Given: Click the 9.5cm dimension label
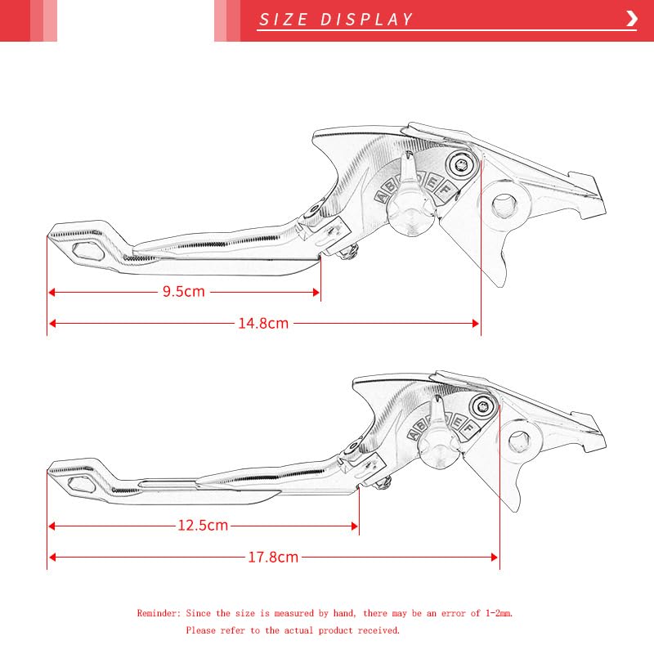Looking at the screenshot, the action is click(x=183, y=292).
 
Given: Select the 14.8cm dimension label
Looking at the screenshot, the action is click(x=263, y=323).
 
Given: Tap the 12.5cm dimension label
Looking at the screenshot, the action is click(x=203, y=525).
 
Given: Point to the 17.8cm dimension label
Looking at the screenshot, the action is click(x=273, y=558).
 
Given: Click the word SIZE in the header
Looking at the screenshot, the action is click(x=284, y=20).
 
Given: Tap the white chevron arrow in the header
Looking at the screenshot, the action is click(x=631, y=19).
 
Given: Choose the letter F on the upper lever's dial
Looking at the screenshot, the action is click(x=446, y=187).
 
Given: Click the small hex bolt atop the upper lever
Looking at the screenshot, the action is click(x=463, y=164).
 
